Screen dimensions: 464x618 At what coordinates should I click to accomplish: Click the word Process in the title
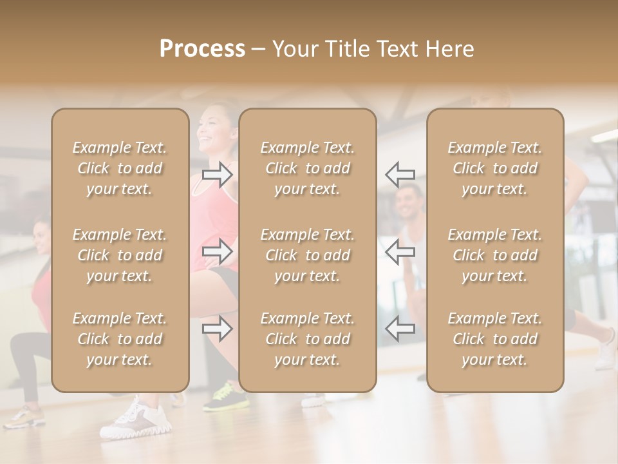pyautogui.click(x=202, y=49)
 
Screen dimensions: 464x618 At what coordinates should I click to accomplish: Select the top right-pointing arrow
pyautogui.click(x=218, y=175)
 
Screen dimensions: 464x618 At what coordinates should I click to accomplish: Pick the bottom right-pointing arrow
pyautogui.click(x=218, y=329)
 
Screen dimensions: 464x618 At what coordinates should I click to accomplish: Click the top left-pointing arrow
pyautogui.click(x=400, y=174)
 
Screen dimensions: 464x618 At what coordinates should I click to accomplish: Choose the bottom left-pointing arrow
pyautogui.click(x=400, y=329)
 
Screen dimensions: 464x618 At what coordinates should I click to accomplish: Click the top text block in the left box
pyautogui.click(x=120, y=168)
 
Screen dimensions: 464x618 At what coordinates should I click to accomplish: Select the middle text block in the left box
pyautogui.click(x=120, y=255)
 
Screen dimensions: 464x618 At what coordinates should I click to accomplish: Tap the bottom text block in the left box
pyautogui.click(x=120, y=339)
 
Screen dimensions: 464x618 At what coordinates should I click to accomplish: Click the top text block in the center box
pyautogui.click(x=308, y=168)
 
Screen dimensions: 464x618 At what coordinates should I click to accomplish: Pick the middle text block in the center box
pyautogui.click(x=308, y=255)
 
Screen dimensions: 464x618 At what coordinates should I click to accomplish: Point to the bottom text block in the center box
pyautogui.click(x=308, y=339)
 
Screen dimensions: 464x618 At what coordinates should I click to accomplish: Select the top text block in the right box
pyautogui.click(x=495, y=168)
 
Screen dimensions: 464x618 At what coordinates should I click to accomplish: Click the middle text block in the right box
pyautogui.click(x=495, y=255)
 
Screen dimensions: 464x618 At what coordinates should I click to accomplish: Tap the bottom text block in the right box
pyautogui.click(x=495, y=339)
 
